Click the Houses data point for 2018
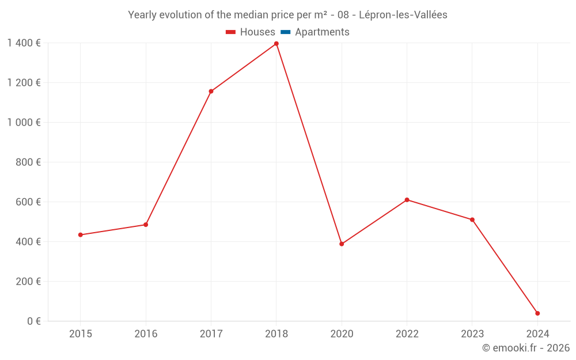click(x=276, y=44)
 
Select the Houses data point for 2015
click(x=81, y=235)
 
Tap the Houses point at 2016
click(x=146, y=225)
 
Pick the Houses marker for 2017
click(x=211, y=91)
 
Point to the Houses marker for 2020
click(x=342, y=244)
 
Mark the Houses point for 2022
click(x=407, y=200)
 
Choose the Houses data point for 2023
click(x=472, y=219)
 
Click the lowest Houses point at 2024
click(x=537, y=313)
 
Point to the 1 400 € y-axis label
click(x=24, y=43)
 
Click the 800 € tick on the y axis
click(x=29, y=162)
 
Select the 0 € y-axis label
click(x=34, y=321)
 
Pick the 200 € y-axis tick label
click(x=29, y=282)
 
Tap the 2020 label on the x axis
click(x=342, y=334)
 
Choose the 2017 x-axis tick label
click(x=211, y=334)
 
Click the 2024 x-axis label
click(x=537, y=334)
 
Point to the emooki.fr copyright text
click(x=526, y=348)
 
